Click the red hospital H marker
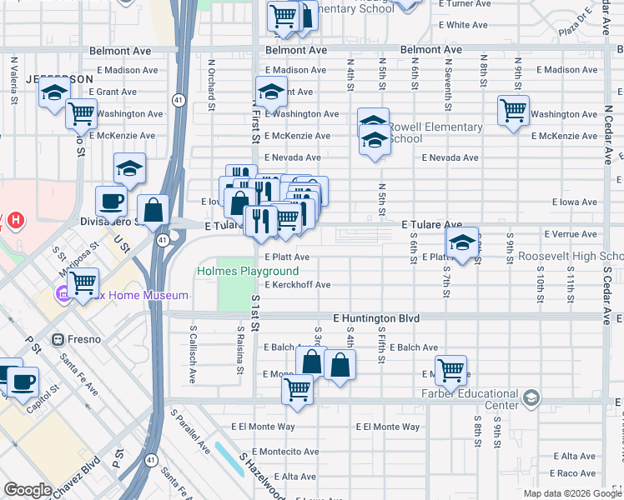point(14,222)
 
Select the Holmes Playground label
point(248,272)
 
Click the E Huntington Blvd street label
point(375,318)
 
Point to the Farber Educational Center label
point(470,399)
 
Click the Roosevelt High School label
point(571,257)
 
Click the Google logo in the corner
point(28,490)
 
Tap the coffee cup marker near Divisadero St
point(111,201)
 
